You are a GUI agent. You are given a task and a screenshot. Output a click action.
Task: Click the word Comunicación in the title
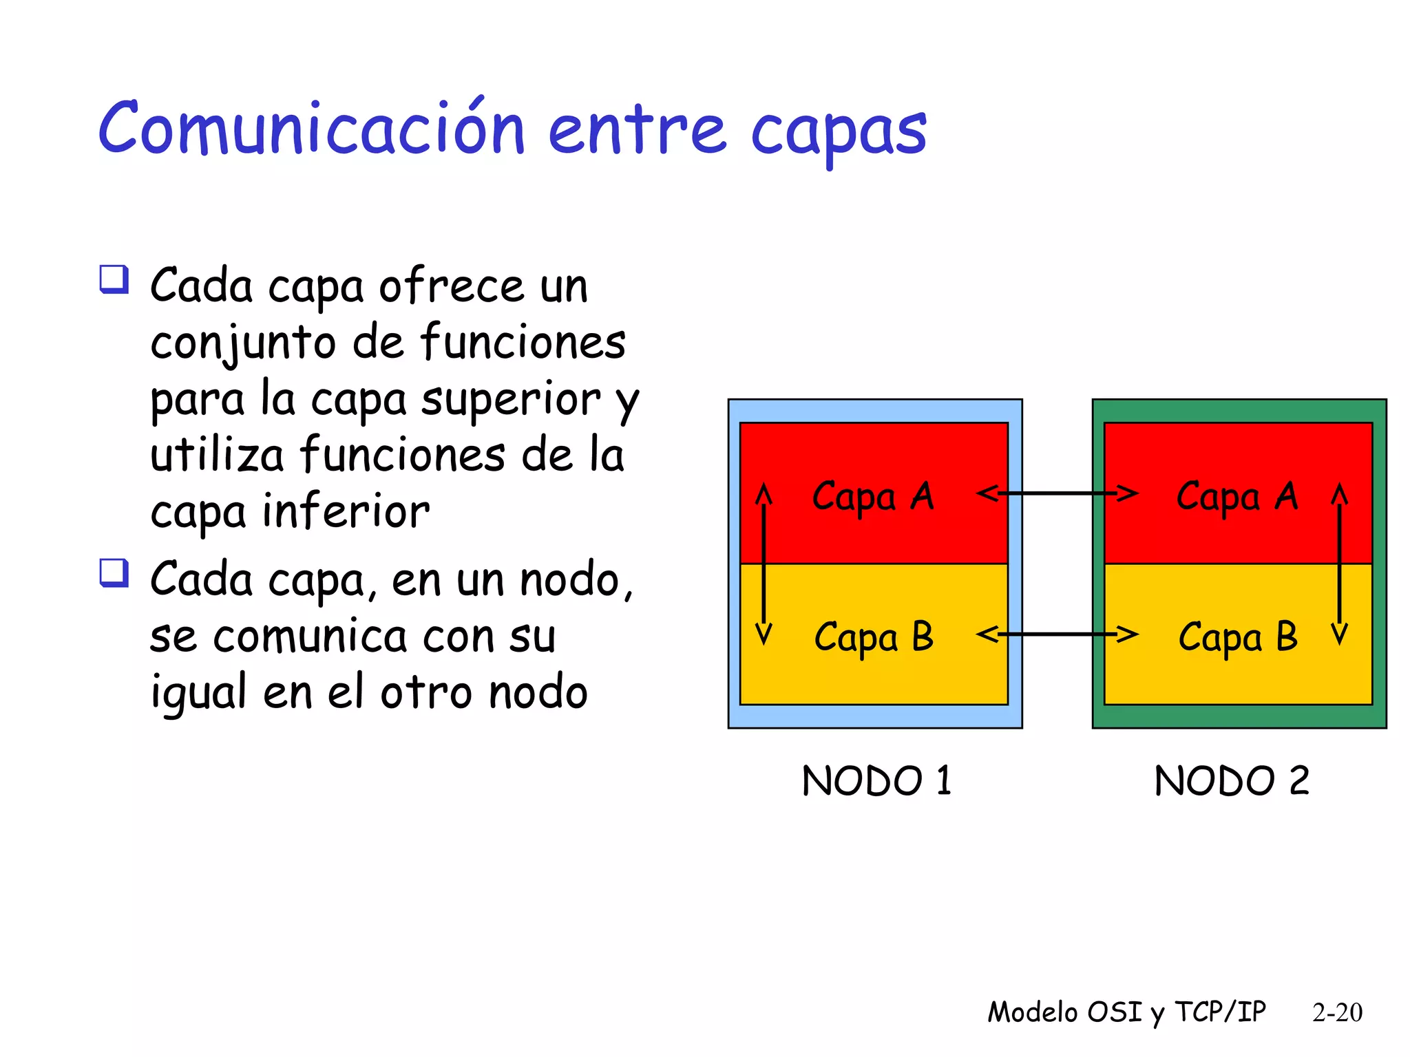[x=312, y=129]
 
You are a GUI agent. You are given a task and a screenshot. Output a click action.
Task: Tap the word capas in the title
[x=838, y=133]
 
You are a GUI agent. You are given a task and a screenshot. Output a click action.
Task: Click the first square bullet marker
[x=114, y=279]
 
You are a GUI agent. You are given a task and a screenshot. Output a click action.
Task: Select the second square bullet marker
[x=114, y=573]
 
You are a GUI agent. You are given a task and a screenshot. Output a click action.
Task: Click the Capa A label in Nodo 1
[x=872, y=497]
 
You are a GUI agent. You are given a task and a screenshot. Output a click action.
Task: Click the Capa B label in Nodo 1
[x=874, y=637]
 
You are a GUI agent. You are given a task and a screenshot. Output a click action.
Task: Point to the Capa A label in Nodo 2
[x=1237, y=497]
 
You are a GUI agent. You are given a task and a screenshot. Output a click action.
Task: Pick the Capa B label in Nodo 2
[x=1238, y=637]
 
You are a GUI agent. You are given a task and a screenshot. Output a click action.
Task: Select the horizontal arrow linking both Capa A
[x=1057, y=493]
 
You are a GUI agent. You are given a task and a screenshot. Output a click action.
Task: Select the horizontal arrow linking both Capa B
[x=1057, y=634]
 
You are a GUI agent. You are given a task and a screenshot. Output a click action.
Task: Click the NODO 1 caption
[x=876, y=781]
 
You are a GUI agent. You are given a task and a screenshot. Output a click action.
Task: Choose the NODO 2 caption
[x=1231, y=781]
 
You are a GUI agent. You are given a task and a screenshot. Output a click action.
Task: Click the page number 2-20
[x=1337, y=1012]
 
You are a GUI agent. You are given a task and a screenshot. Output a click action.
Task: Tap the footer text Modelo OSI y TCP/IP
[x=1126, y=1012]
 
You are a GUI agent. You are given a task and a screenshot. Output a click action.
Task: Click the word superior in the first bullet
[x=511, y=400]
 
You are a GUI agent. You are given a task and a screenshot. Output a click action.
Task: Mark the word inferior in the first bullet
[x=346, y=513]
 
